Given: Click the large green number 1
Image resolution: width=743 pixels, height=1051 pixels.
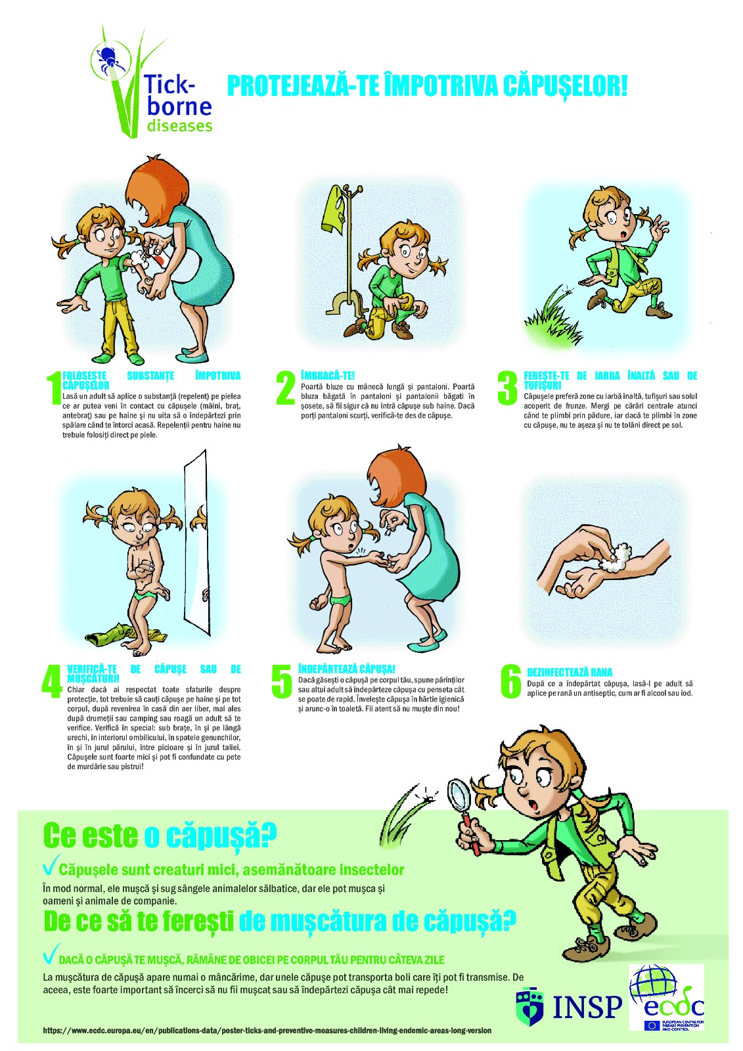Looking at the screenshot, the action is coord(54,388).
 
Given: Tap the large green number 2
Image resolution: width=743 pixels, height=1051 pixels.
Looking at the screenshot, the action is coord(286,388).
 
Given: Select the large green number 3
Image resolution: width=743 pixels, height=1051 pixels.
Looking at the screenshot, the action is coord(507,388).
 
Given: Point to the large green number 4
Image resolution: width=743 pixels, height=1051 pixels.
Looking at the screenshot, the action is coord(52,681).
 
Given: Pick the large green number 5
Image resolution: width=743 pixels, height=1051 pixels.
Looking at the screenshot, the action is coord(282,681).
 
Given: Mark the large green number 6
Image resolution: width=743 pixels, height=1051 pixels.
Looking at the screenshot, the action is coord(510,681).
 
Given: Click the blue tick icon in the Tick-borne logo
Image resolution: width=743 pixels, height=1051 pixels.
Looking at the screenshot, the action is coord(108,58).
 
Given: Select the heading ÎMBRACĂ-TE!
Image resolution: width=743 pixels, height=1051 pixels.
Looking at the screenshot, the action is coord(328,375).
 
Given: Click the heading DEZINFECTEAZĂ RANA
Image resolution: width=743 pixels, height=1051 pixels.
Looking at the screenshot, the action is coord(570,672).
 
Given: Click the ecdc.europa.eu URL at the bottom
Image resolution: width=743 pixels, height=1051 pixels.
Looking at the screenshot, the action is coord(267,1031).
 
